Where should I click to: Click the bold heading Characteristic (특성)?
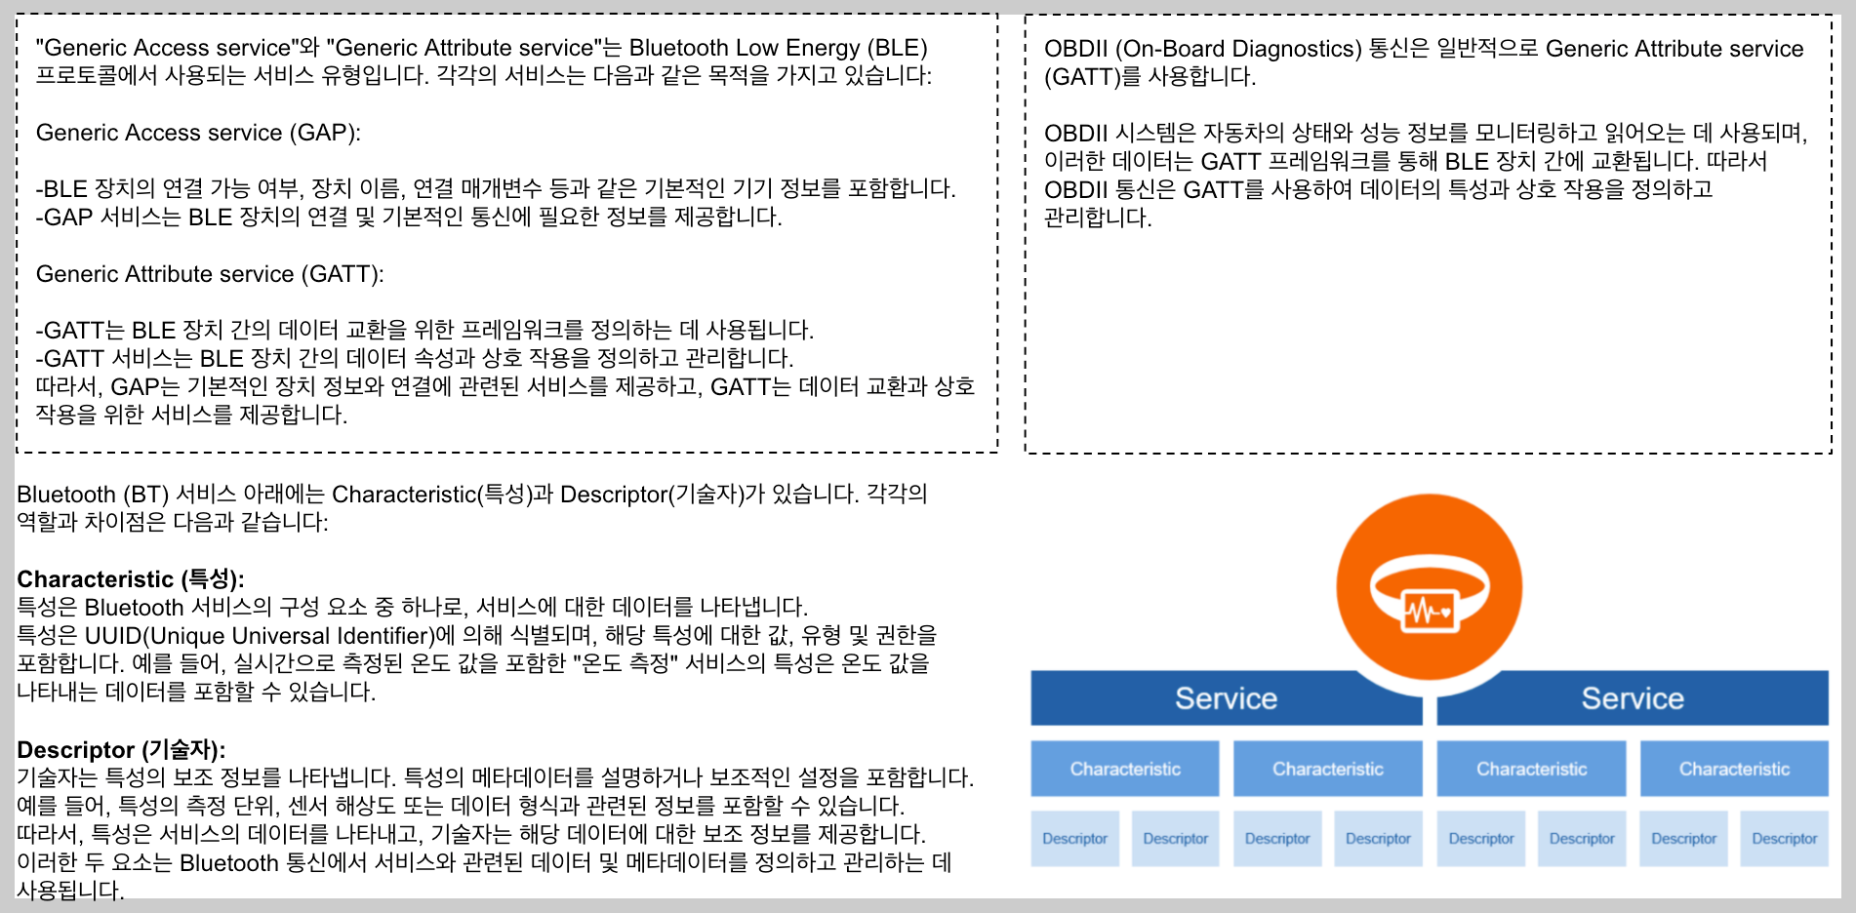[x=130, y=578]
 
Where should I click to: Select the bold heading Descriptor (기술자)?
[x=121, y=749]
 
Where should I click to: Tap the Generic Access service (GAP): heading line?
[x=198, y=133]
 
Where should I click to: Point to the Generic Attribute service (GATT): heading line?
[x=210, y=274]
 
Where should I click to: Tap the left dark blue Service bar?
[x=1225, y=698]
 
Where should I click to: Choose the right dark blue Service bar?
[x=1632, y=698]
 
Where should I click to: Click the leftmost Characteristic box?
[x=1124, y=769]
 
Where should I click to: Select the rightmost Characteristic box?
[x=1733, y=769]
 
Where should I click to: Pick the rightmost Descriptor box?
[x=1784, y=839]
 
